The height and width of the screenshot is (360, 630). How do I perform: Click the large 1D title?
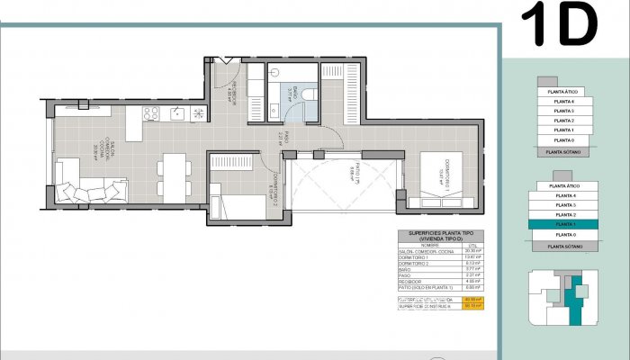point(559,24)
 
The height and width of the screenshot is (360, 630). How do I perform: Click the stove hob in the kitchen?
point(151,113)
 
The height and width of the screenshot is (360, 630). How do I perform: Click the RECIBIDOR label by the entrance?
point(231,86)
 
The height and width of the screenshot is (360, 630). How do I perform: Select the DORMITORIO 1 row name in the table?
point(417,257)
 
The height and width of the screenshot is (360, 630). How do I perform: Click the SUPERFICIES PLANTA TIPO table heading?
point(442,236)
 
